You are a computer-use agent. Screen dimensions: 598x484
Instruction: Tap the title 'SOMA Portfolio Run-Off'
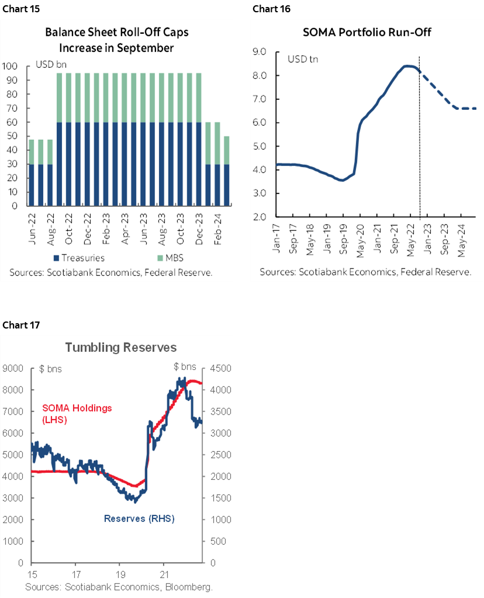(x=367, y=32)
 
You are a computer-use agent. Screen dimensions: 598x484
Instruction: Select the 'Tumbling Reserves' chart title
(x=120, y=348)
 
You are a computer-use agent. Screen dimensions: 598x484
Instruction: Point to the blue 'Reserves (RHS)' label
(x=139, y=519)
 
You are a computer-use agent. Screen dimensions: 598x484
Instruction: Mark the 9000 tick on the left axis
(x=15, y=368)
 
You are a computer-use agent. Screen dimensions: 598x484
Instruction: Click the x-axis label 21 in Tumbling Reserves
(x=164, y=574)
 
